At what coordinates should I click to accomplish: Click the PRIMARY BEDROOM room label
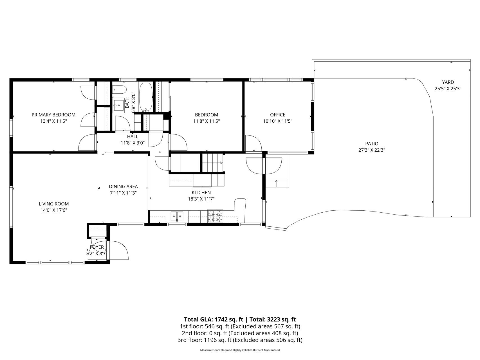[x=53, y=115]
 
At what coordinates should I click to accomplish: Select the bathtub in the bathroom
[x=146, y=96]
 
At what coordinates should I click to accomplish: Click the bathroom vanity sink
[x=118, y=106]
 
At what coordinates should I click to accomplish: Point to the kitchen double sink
[x=177, y=216]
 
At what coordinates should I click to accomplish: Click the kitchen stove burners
[x=215, y=216]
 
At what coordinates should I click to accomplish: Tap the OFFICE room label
[x=277, y=115]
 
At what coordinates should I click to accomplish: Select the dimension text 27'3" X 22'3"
[x=372, y=150]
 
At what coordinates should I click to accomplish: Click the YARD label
[x=448, y=82]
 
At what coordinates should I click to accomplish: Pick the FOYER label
[x=97, y=247]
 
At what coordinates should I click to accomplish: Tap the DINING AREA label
[x=123, y=186]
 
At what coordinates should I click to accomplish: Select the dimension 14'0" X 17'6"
[x=53, y=210]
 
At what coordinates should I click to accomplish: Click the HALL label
[x=133, y=136]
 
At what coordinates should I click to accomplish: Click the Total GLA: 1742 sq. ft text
[x=214, y=319]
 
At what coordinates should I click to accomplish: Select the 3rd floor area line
[x=240, y=340]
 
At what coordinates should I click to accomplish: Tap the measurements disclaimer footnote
[x=240, y=350]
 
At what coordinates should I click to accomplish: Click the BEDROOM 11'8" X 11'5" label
[x=206, y=118]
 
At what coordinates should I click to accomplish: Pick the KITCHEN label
[x=201, y=193]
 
